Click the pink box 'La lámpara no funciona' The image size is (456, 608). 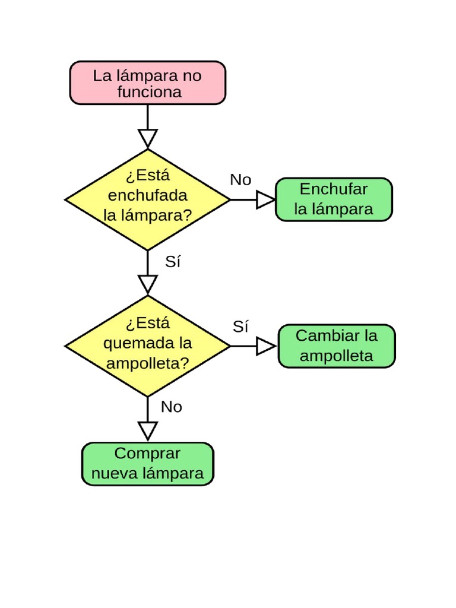click(148, 83)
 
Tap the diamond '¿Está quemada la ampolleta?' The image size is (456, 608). click(147, 346)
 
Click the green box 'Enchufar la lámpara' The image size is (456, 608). click(334, 199)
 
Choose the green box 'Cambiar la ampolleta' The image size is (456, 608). click(337, 346)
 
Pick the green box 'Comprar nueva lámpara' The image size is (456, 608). click(147, 464)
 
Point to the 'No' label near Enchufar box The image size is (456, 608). click(240, 180)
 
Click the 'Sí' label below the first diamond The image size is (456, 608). click(172, 262)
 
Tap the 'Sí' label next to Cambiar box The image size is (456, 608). click(240, 326)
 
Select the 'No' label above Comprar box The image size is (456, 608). click(172, 407)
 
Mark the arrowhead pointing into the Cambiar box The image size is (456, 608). click(265, 346)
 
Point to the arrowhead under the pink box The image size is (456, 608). click(147, 138)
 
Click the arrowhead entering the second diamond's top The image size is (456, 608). click(147, 284)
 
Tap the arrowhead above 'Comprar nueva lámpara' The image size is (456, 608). click(147, 430)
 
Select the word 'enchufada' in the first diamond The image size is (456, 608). click(148, 195)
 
